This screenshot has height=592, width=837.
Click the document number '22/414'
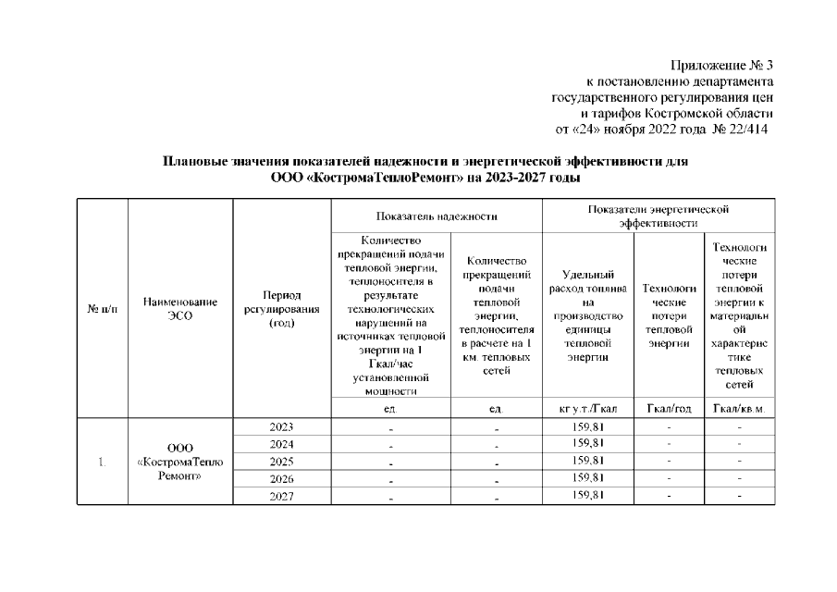pos(750,128)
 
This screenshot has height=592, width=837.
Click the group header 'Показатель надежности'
pos(437,216)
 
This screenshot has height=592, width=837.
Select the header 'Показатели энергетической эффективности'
pos(659,216)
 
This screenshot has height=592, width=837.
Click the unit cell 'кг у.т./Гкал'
pos(587,409)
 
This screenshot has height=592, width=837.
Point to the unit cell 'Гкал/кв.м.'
pos(740,409)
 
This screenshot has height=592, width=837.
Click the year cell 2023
pos(281,427)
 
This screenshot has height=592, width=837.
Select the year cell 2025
pos(281,461)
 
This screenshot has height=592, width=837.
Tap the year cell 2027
pos(281,495)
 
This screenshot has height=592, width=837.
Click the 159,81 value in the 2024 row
pos(587,444)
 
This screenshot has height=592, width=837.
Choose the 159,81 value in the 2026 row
pos(587,477)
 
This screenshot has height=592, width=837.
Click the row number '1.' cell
pos(101,461)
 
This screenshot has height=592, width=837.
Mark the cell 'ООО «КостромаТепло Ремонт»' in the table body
pos(180,461)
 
